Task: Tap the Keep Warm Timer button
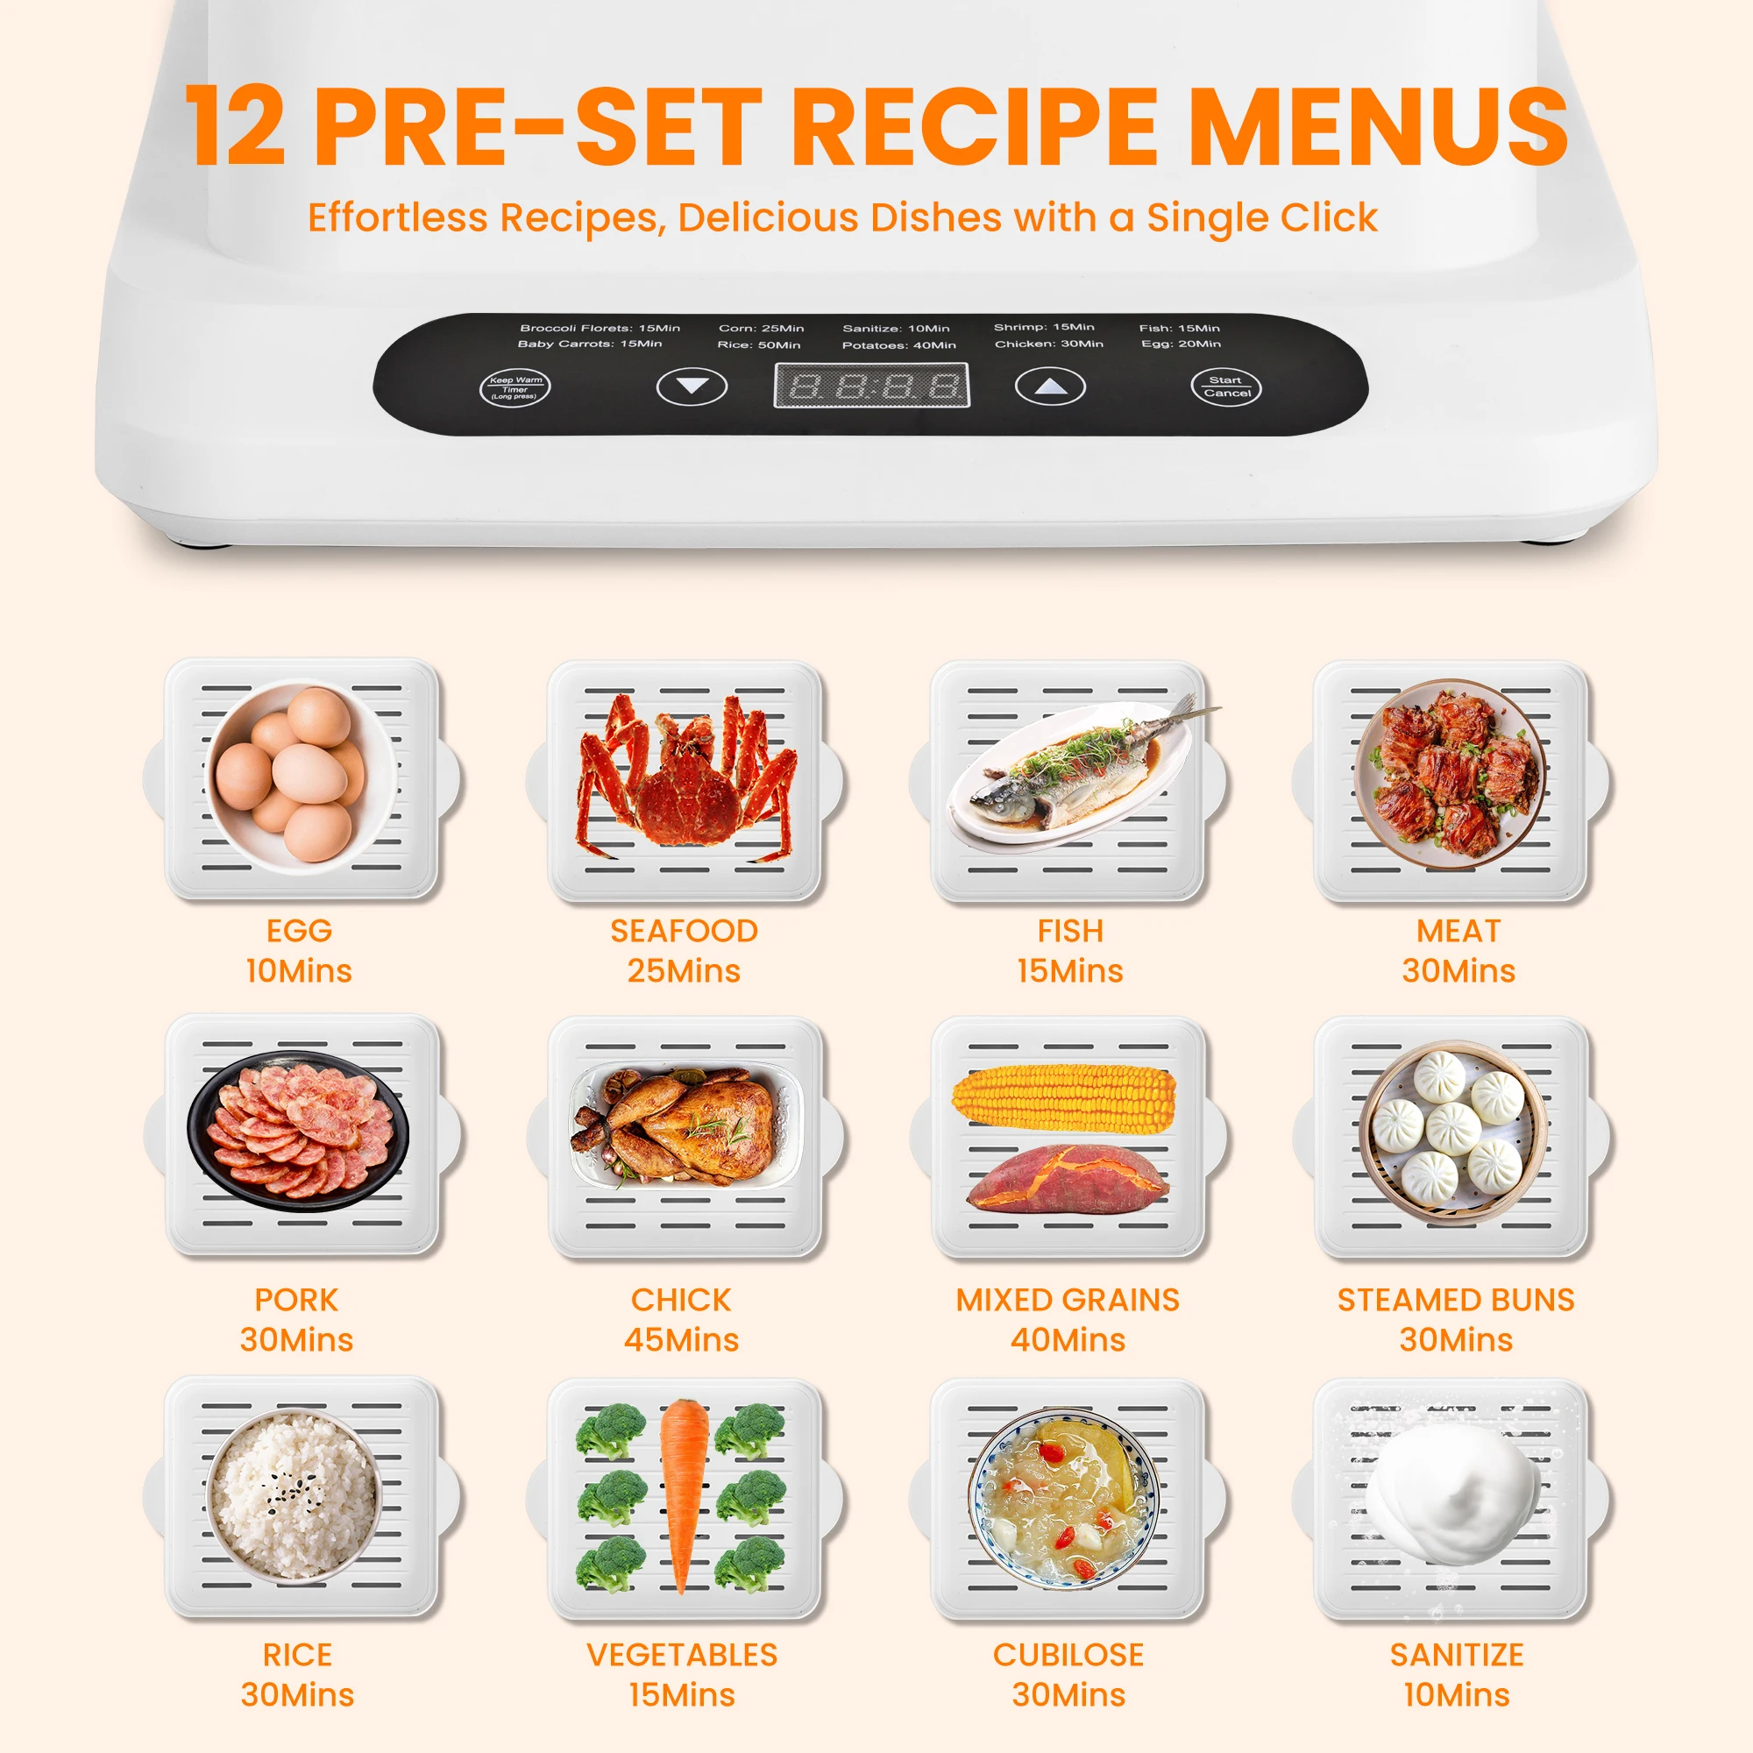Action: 515,388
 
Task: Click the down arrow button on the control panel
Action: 692,387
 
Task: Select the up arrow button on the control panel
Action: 1050,387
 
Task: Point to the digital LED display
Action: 871,386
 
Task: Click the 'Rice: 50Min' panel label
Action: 758,344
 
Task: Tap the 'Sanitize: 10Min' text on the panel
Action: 896,329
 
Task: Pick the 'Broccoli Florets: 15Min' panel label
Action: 600,328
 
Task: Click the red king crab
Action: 688,777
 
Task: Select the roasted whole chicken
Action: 676,1126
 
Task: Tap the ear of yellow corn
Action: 1063,1098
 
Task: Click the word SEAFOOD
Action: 684,931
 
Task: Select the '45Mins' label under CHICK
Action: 681,1339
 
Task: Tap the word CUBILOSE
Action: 1068,1654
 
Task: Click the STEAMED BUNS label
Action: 1455,1299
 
